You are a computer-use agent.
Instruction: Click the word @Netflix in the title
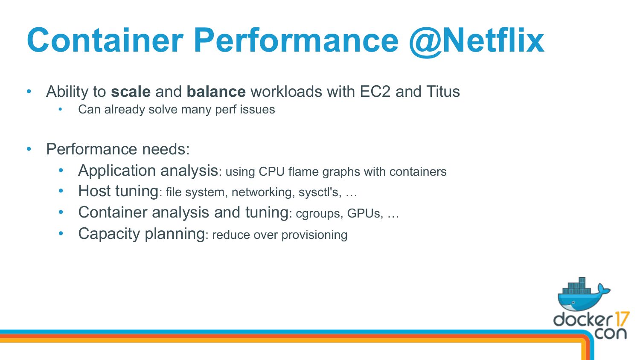pos(477,41)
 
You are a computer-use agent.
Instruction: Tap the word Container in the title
pos(105,40)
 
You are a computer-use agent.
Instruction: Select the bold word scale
pos(131,92)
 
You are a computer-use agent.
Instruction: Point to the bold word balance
pos(216,92)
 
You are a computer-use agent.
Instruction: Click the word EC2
pos(375,92)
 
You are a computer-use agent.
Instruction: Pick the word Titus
pos(443,92)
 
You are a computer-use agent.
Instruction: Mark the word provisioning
pos(314,235)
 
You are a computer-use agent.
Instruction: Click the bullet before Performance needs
pos(29,149)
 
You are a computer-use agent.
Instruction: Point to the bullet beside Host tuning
pos(61,191)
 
